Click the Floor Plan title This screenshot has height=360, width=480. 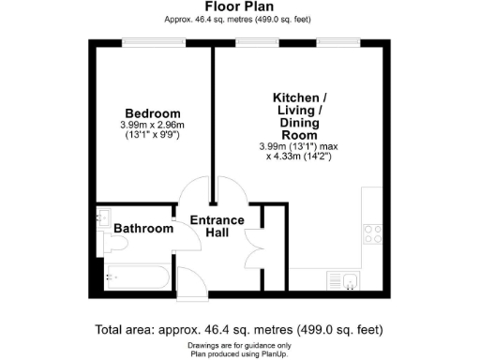pyautogui.click(x=239, y=6)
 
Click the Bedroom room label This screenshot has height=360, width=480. pyautogui.click(x=152, y=114)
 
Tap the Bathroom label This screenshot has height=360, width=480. pyautogui.click(x=143, y=229)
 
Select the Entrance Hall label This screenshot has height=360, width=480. pyautogui.click(x=217, y=226)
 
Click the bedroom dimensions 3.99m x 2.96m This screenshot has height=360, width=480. pyautogui.click(x=152, y=127)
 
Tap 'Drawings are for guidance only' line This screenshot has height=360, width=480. pyautogui.click(x=239, y=345)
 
